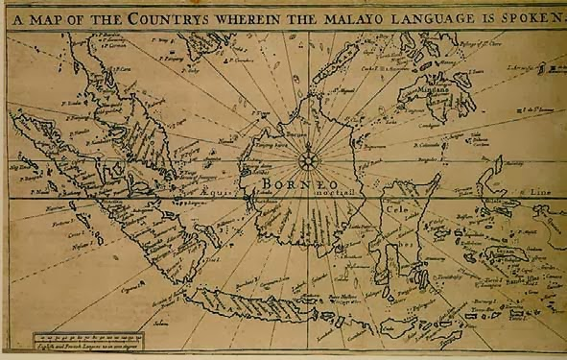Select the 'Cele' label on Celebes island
[395, 205]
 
